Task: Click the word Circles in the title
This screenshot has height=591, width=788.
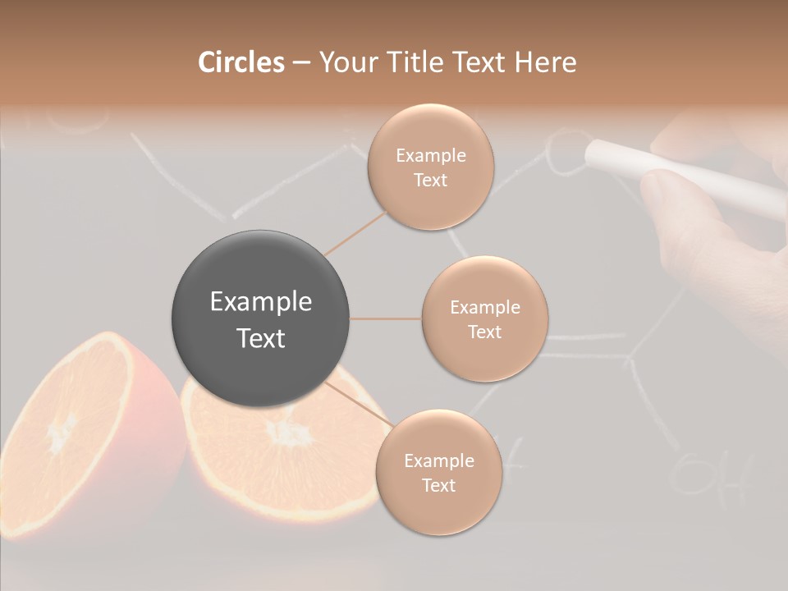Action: coord(241,62)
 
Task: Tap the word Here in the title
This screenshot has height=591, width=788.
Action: coord(546,62)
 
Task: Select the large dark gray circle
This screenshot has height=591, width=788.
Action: coord(260,318)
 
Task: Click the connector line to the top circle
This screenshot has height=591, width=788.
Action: coord(356,231)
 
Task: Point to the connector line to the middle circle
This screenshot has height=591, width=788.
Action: coord(386,318)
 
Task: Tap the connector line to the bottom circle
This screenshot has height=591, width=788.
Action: coord(358,403)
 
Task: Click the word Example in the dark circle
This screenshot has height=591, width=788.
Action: coord(260,302)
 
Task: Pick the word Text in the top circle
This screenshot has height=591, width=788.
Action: coord(430,181)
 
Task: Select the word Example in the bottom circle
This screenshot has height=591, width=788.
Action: coord(438,461)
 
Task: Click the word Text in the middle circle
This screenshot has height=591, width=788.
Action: coord(484,332)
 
